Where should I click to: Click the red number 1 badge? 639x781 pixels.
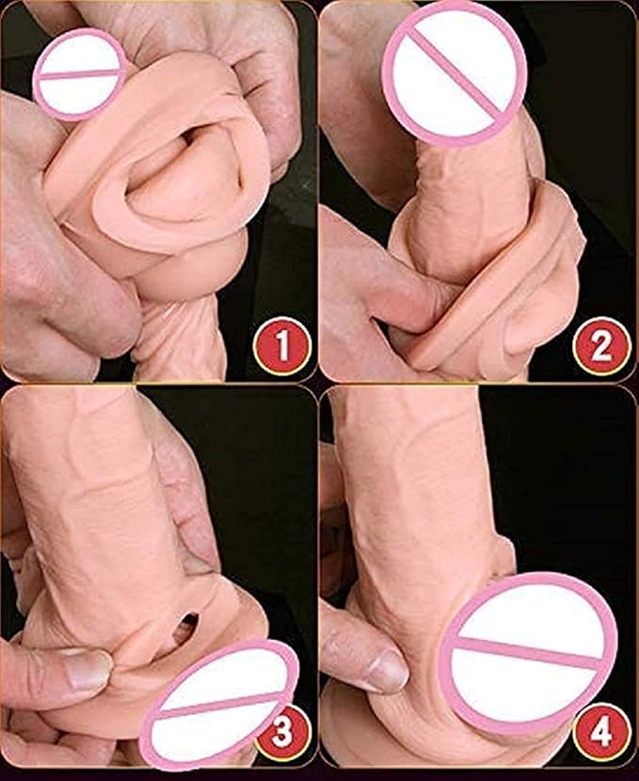point(282,345)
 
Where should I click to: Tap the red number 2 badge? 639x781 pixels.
point(601,345)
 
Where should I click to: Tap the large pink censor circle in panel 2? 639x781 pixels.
point(455,73)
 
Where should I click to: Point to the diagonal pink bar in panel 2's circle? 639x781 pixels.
point(455,73)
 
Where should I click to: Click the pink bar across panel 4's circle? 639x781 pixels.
point(529,653)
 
